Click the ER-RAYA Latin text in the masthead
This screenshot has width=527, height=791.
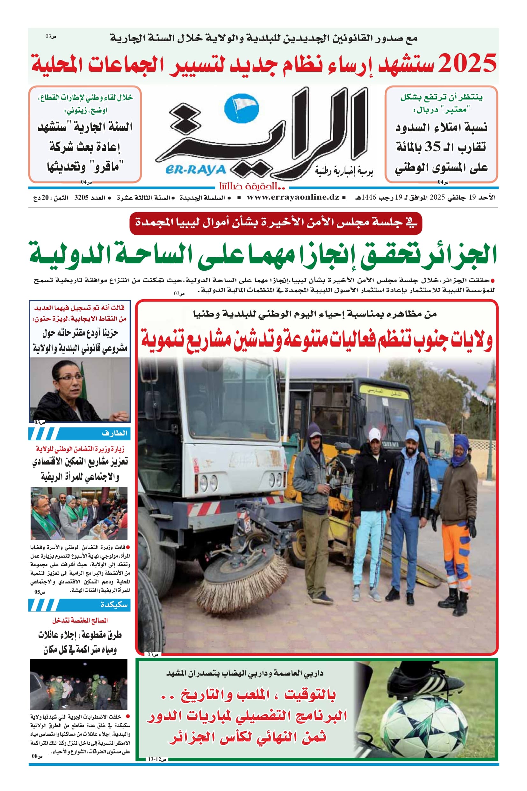click(196, 170)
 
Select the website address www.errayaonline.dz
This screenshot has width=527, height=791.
click(293, 197)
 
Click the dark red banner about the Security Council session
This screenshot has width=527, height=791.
click(276, 223)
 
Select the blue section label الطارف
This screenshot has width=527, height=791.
click(114, 433)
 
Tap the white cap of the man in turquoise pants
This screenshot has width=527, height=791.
click(374, 435)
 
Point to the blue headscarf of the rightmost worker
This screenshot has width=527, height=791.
click(459, 449)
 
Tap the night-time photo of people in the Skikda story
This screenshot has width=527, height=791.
click(79, 685)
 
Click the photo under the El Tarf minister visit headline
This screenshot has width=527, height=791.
click(79, 513)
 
